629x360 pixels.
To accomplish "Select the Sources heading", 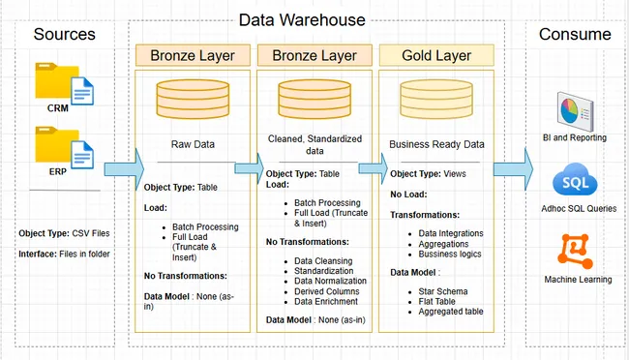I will point(64,35).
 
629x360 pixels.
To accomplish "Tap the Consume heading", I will point(575,35).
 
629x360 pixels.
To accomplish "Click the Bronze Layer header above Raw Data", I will point(193,55).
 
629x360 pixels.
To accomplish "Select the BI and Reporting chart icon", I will point(574,110).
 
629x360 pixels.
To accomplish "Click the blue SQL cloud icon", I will point(574,182).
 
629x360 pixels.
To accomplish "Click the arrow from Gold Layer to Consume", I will point(512,169).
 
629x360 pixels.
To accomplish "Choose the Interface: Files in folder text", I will point(63,255).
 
